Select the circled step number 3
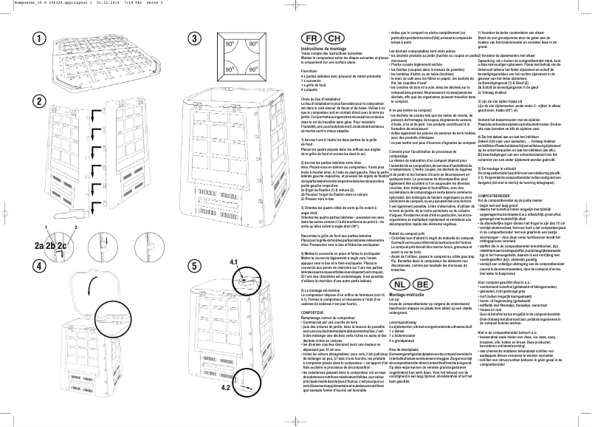[195, 38]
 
